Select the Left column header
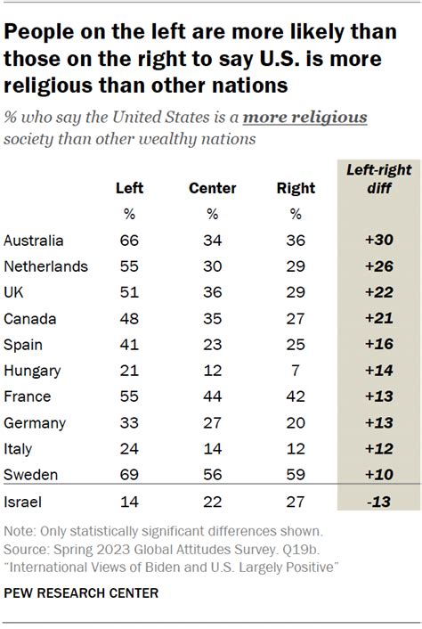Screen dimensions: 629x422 [130, 188]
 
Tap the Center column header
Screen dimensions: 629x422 [213, 188]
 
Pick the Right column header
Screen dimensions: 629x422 [296, 188]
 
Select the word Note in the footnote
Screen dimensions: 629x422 [20, 532]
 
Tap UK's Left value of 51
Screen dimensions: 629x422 [130, 292]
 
